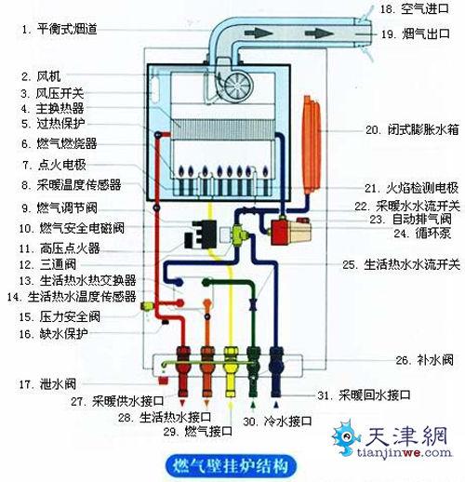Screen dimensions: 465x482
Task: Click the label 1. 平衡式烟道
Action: click(x=60, y=29)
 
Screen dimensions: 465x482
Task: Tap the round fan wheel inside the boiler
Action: click(x=237, y=86)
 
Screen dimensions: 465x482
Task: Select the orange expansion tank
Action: click(x=312, y=144)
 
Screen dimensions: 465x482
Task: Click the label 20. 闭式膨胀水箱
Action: click(x=412, y=129)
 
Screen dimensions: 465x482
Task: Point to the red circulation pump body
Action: click(x=279, y=232)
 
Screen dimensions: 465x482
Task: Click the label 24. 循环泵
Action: click(x=422, y=233)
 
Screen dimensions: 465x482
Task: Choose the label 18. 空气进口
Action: click(x=415, y=8)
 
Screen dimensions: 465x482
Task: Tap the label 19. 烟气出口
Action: click(x=416, y=33)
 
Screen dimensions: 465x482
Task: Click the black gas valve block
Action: click(x=201, y=235)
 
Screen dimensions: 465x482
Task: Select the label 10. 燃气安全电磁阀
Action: click(x=72, y=228)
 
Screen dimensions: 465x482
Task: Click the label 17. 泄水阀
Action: click(x=47, y=384)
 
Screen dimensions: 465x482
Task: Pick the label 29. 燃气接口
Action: click(x=198, y=431)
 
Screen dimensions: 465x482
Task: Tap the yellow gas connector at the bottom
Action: click(x=231, y=372)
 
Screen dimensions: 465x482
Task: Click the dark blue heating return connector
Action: click(x=275, y=372)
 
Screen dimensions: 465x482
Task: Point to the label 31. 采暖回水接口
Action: click(x=364, y=395)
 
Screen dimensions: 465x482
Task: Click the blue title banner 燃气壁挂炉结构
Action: click(x=231, y=466)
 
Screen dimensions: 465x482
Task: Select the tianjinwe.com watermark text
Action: click(x=404, y=452)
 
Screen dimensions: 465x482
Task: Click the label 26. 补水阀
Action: click(x=424, y=360)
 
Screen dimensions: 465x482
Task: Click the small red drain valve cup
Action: click(x=163, y=381)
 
